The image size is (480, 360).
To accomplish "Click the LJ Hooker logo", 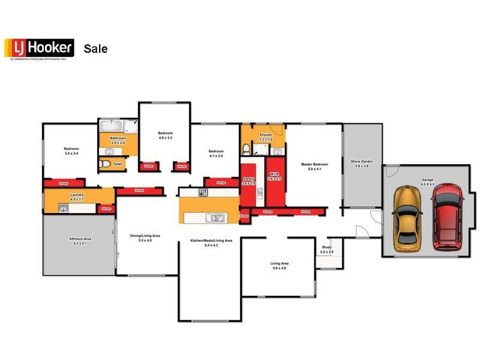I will pyautogui.click(x=39, y=48).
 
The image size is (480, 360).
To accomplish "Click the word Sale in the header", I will pyautogui.click(x=95, y=49).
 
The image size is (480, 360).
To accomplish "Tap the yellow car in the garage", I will pyautogui.click(x=407, y=219).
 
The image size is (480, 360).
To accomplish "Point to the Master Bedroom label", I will pyautogui.click(x=314, y=164).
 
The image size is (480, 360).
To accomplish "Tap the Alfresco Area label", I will pyautogui.click(x=80, y=239).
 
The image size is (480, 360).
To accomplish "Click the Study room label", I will pyautogui.click(x=326, y=247).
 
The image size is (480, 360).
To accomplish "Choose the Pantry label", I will pyautogui.click(x=248, y=178).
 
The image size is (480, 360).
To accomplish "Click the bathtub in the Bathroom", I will pyautogui.click(x=111, y=127).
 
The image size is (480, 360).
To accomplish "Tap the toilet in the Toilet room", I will pyautogui.click(x=104, y=163).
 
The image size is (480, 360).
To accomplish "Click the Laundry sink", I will pyautogui.click(x=63, y=208).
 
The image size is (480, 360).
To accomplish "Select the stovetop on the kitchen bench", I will pyautogui.click(x=203, y=193).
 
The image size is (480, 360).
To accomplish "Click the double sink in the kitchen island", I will pyautogui.click(x=215, y=218).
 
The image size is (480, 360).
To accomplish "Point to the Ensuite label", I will pyautogui.click(x=265, y=135).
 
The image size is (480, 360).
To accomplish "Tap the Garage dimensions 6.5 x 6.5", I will pyautogui.click(x=427, y=184).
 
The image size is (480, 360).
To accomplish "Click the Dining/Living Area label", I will pyautogui.click(x=145, y=236).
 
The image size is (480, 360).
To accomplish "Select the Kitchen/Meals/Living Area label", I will pyautogui.click(x=211, y=241).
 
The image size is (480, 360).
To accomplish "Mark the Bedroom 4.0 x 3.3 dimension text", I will pyautogui.click(x=165, y=137).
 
